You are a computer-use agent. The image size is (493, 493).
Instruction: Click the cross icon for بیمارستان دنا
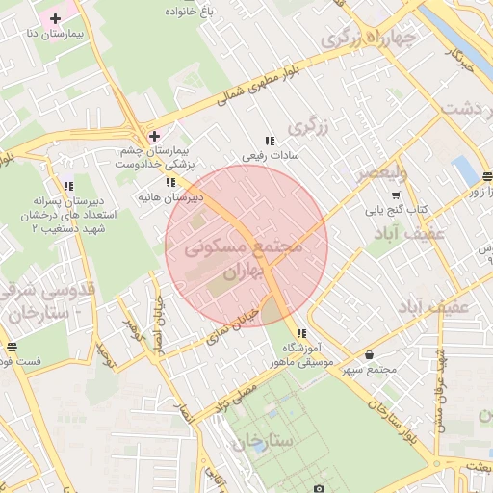click(x=56, y=18)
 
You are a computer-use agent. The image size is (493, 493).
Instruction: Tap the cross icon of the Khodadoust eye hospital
click(x=154, y=136)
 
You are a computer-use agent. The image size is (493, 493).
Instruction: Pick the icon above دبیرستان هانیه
click(x=170, y=182)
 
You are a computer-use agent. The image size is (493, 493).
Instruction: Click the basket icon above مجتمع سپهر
click(x=370, y=355)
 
